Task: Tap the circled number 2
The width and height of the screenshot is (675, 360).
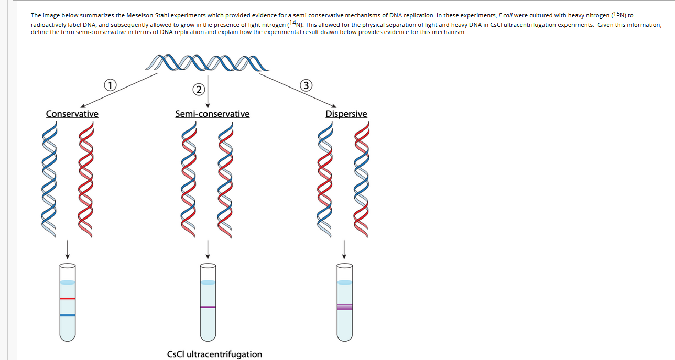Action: (x=198, y=89)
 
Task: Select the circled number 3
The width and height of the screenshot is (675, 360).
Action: (x=307, y=85)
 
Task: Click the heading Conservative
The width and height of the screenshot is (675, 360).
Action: (x=72, y=114)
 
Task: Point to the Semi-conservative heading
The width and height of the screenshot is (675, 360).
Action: (x=212, y=114)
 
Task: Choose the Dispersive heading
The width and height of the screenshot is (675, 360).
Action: (x=346, y=114)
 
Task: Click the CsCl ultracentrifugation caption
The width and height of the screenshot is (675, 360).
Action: (x=214, y=354)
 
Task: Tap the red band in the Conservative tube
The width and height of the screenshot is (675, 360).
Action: (x=68, y=298)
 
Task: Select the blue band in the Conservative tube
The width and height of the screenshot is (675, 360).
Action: (x=68, y=315)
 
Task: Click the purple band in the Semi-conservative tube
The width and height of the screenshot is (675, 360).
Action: (x=208, y=307)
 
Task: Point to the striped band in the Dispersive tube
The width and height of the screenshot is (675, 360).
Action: (x=344, y=307)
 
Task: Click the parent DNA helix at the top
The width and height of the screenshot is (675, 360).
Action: (x=208, y=63)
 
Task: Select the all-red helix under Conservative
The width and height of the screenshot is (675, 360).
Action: (x=89, y=179)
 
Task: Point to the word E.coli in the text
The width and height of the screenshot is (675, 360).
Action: (x=489, y=16)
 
